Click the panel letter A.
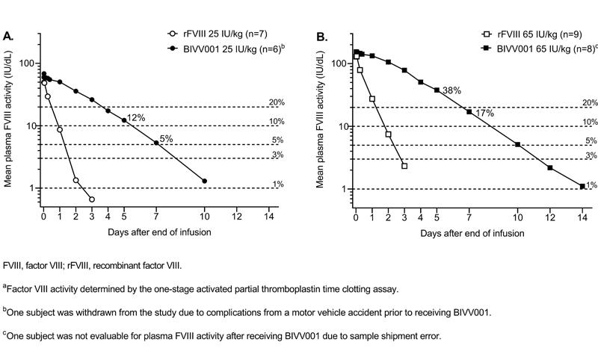(8, 35)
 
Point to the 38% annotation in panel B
(451, 90)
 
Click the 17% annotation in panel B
(484, 114)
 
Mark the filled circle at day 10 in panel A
(204, 181)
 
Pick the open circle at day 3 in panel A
(92, 199)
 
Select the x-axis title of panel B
(469, 232)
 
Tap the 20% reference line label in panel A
(277, 102)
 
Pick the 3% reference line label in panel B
(591, 155)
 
